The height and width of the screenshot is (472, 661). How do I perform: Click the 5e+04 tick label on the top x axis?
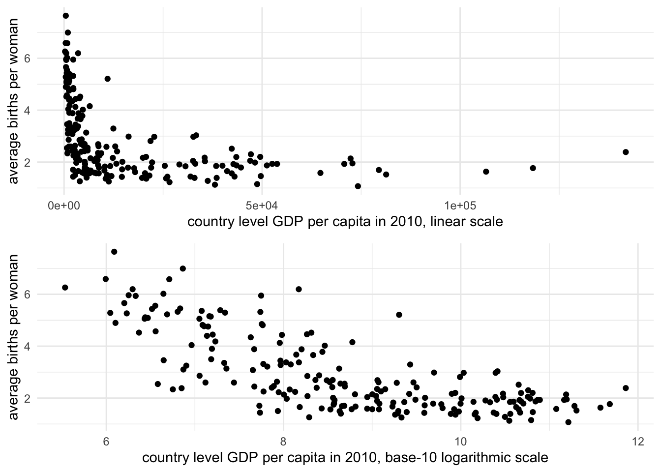[x=262, y=204]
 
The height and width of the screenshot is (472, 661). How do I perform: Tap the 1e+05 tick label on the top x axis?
[x=459, y=204]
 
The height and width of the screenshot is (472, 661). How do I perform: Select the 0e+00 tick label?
[x=64, y=204]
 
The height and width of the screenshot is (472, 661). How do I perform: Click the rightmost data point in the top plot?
[x=626, y=152]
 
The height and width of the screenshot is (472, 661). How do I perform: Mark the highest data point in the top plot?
[x=65, y=16]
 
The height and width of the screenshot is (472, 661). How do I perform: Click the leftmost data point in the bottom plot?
[x=65, y=287]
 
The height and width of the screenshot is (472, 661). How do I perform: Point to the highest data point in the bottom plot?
[x=114, y=252]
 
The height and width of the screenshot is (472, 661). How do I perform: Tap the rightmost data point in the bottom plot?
[x=626, y=388]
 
